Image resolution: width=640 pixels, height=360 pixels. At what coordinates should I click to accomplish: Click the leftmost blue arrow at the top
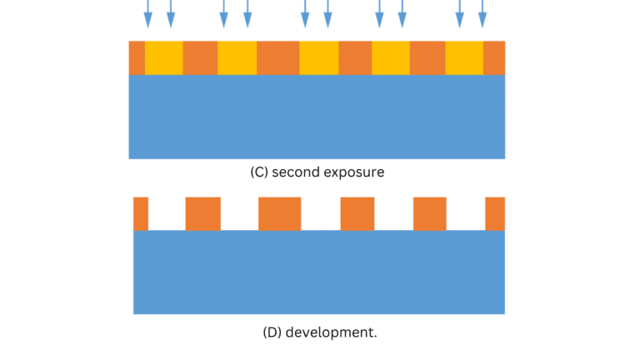(148, 13)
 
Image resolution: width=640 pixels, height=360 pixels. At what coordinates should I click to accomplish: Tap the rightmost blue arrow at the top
(482, 13)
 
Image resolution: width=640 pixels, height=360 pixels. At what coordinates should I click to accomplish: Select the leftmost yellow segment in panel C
(163, 57)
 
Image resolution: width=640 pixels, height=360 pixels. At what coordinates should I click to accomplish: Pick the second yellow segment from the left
(237, 57)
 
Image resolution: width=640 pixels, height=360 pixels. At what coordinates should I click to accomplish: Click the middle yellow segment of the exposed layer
(318, 57)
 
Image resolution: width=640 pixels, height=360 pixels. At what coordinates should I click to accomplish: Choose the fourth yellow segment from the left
(390, 57)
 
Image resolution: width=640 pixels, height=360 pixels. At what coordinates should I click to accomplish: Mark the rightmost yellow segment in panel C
(464, 57)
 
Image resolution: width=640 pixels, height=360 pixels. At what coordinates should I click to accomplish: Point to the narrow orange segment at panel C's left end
(137, 57)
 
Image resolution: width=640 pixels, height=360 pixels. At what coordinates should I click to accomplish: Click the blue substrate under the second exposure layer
(317, 117)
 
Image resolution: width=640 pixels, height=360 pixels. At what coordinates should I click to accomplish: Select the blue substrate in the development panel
(318, 272)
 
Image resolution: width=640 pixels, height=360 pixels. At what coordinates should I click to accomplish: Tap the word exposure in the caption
(357, 173)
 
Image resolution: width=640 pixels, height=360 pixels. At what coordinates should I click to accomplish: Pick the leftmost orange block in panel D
(141, 213)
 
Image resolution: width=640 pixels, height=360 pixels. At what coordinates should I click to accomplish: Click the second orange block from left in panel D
(202, 213)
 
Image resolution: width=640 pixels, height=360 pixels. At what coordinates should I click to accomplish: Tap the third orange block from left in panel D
(279, 213)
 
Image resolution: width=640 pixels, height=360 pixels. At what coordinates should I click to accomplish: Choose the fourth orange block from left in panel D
(357, 213)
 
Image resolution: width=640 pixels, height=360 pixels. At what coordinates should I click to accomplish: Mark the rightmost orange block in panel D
(495, 213)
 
